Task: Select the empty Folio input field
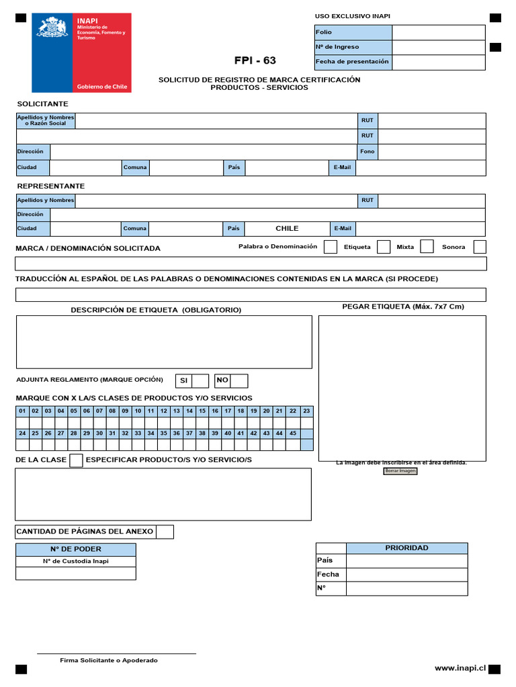(x=438, y=32)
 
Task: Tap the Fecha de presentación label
(x=352, y=62)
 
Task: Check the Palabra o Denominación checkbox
(x=331, y=247)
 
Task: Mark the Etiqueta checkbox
(x=384, y=247)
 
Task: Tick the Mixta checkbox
(x=427, y=247)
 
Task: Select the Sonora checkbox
(x=479, y=247)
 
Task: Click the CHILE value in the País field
(x=287, y=229)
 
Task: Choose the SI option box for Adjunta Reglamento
(x=200, y=381)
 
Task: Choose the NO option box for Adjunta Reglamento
(x=239, y=381)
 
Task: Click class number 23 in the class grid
(x=306, y=411)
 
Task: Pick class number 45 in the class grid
(x=293, y=433)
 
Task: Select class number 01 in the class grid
(x=22, y=411)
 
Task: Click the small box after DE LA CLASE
(x=77, y=460)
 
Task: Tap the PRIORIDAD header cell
(x=406, y=548)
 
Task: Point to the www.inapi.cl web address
(x=460, y=668)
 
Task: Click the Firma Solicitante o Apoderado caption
(x=109, y=661)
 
